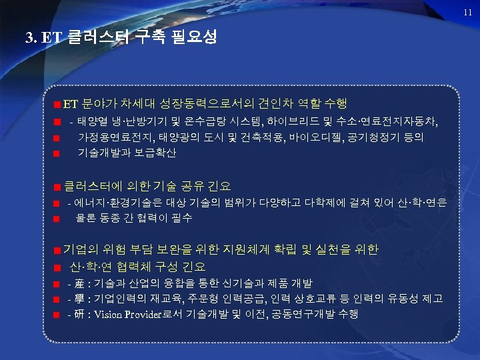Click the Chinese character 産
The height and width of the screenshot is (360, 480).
pos(80,283)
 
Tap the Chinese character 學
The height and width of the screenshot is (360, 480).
pos(80,298)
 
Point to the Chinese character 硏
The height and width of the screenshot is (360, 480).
pos(80,313)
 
